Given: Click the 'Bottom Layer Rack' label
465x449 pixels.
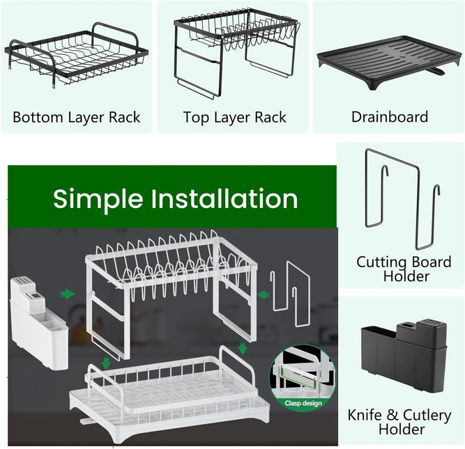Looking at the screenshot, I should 76,117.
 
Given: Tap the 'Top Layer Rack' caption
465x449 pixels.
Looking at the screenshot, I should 234,117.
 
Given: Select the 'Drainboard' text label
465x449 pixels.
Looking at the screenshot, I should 389,117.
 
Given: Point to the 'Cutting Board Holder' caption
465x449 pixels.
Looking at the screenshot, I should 404,269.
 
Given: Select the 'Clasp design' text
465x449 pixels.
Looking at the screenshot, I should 303,402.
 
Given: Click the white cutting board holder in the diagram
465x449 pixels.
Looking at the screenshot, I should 291,295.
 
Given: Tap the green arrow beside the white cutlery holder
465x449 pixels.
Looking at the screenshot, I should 68,294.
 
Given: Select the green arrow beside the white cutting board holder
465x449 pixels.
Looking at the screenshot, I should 263,295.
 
